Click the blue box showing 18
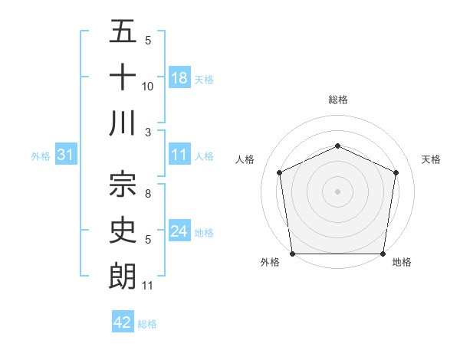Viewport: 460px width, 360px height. pos(179,78)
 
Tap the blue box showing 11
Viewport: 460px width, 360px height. pos(179,155)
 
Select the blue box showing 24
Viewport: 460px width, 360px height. pos(179,231)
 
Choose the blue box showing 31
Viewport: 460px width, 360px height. pos(66,155)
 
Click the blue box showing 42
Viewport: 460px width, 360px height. pos(123,322)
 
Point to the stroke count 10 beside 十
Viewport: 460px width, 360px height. pos(148,87)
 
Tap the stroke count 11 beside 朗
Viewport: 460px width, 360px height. pos(148,286)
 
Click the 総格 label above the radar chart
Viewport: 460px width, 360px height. pos(337,100)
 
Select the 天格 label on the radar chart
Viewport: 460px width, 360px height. pos(432,159)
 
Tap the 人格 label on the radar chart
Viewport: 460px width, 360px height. pos(245,159)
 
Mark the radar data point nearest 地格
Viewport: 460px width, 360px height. pos(383,254)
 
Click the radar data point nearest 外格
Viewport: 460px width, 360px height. pos(292,254)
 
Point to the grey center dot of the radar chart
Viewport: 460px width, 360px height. pos(337,191)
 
